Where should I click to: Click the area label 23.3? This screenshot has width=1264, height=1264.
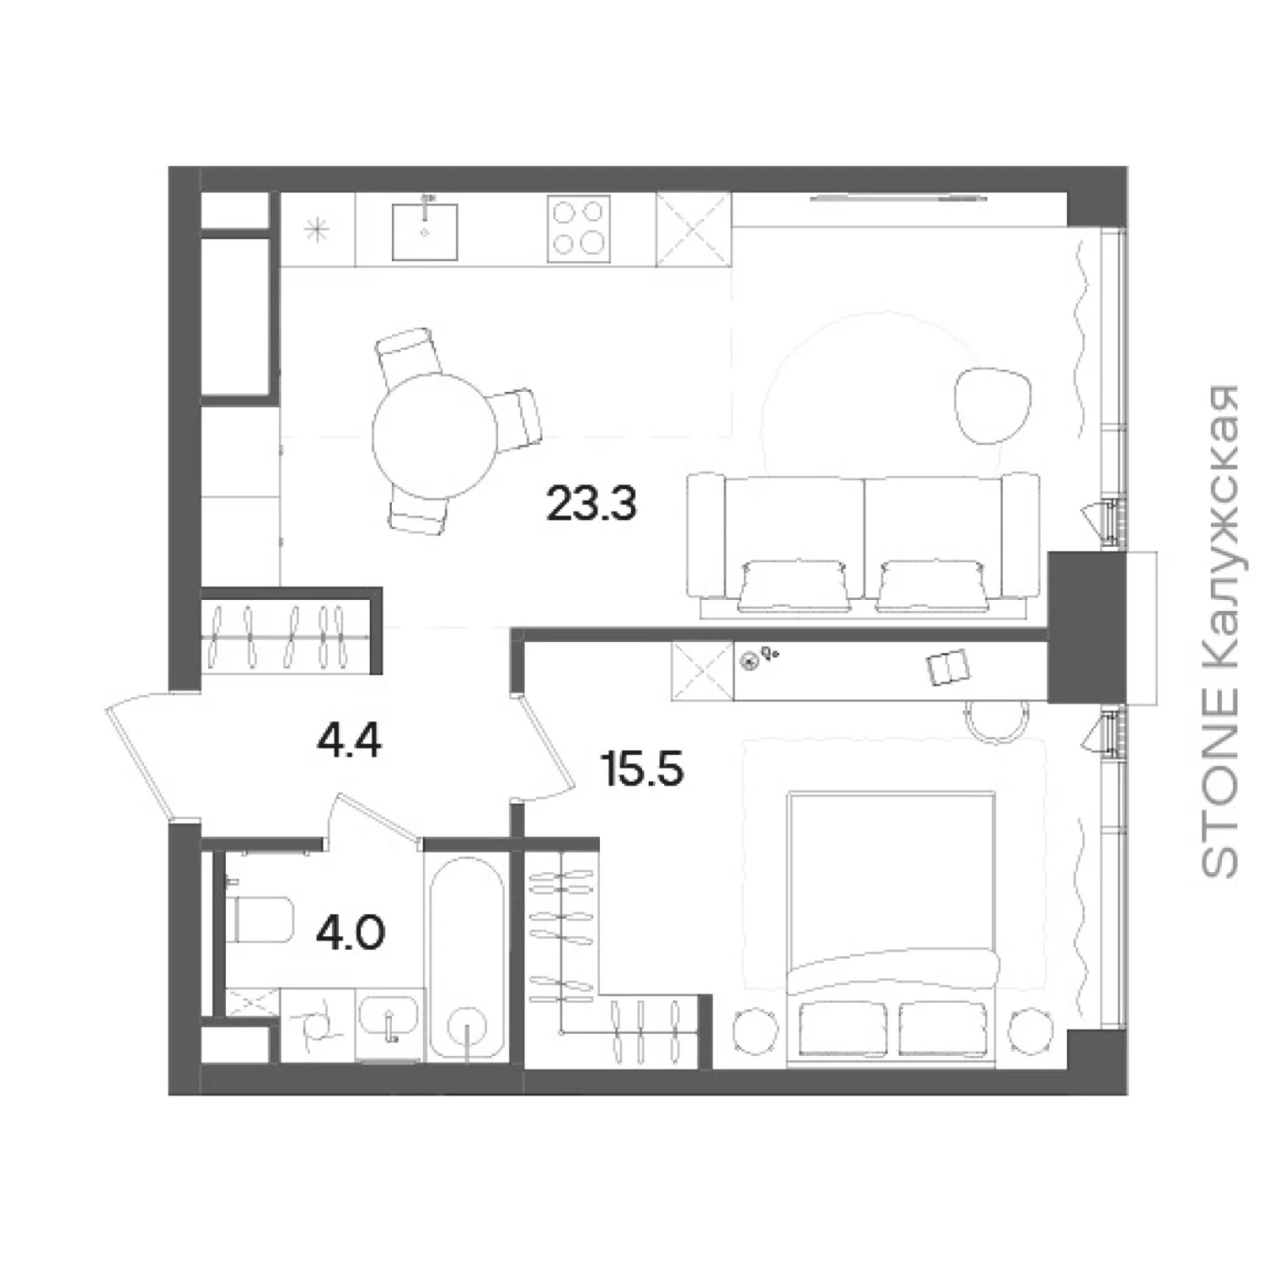point(591,504)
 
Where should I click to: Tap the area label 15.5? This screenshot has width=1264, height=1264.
point(641,769)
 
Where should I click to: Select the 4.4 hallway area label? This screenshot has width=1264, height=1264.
point(349,742)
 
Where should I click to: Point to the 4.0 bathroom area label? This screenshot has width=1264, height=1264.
point(351,934)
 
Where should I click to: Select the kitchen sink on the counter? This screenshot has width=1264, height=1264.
point(425,230)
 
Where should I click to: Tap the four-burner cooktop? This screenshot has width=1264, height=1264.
point(578,229)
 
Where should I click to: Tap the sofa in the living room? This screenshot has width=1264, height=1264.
point(863,542)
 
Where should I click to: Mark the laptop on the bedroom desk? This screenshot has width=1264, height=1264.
point(948,667)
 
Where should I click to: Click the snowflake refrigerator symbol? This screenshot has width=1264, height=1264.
point(317,229)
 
